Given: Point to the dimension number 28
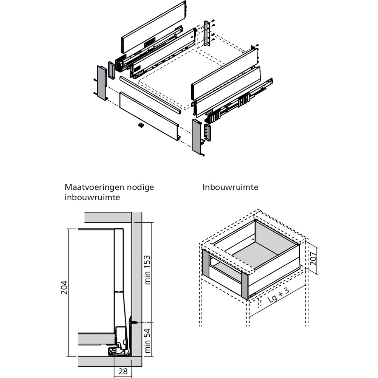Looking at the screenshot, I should pos(123,371).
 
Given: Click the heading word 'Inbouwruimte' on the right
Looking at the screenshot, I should pos(230,187).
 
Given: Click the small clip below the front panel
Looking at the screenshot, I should pos(141,125).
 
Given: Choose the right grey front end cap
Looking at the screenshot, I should pos(197,136).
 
